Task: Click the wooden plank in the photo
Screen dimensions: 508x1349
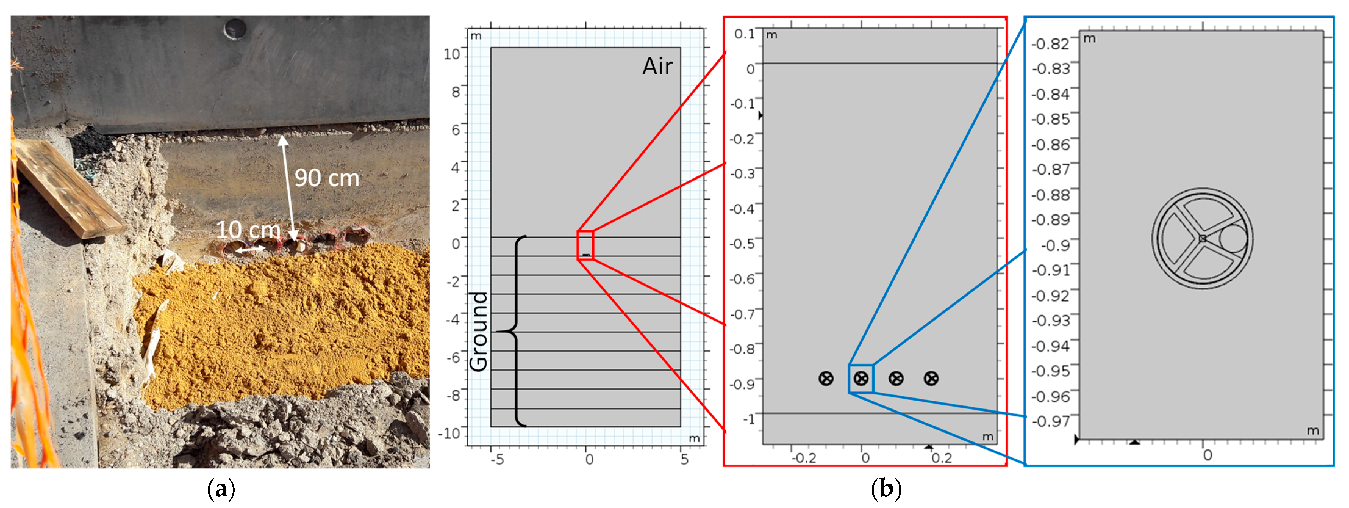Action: pyautogui.click(x=68, y=189)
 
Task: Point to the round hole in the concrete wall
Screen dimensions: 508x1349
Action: pyautogui.click(x=234, y=28)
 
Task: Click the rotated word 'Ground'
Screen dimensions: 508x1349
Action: pyautogui.click(x=479, y=331)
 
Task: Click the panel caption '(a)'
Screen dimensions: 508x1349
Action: pyautogui.click(x=221, y=489)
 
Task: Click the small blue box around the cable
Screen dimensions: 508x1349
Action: pyautogui.click(x=861, y=379)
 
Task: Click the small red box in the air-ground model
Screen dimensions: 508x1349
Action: pyautogui.click(x=585, y=245)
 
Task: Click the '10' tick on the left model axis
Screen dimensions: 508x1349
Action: pyautogui.click(x=451, y=54)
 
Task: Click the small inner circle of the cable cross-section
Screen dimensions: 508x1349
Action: pyautogui.click(x=1233, y=238)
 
